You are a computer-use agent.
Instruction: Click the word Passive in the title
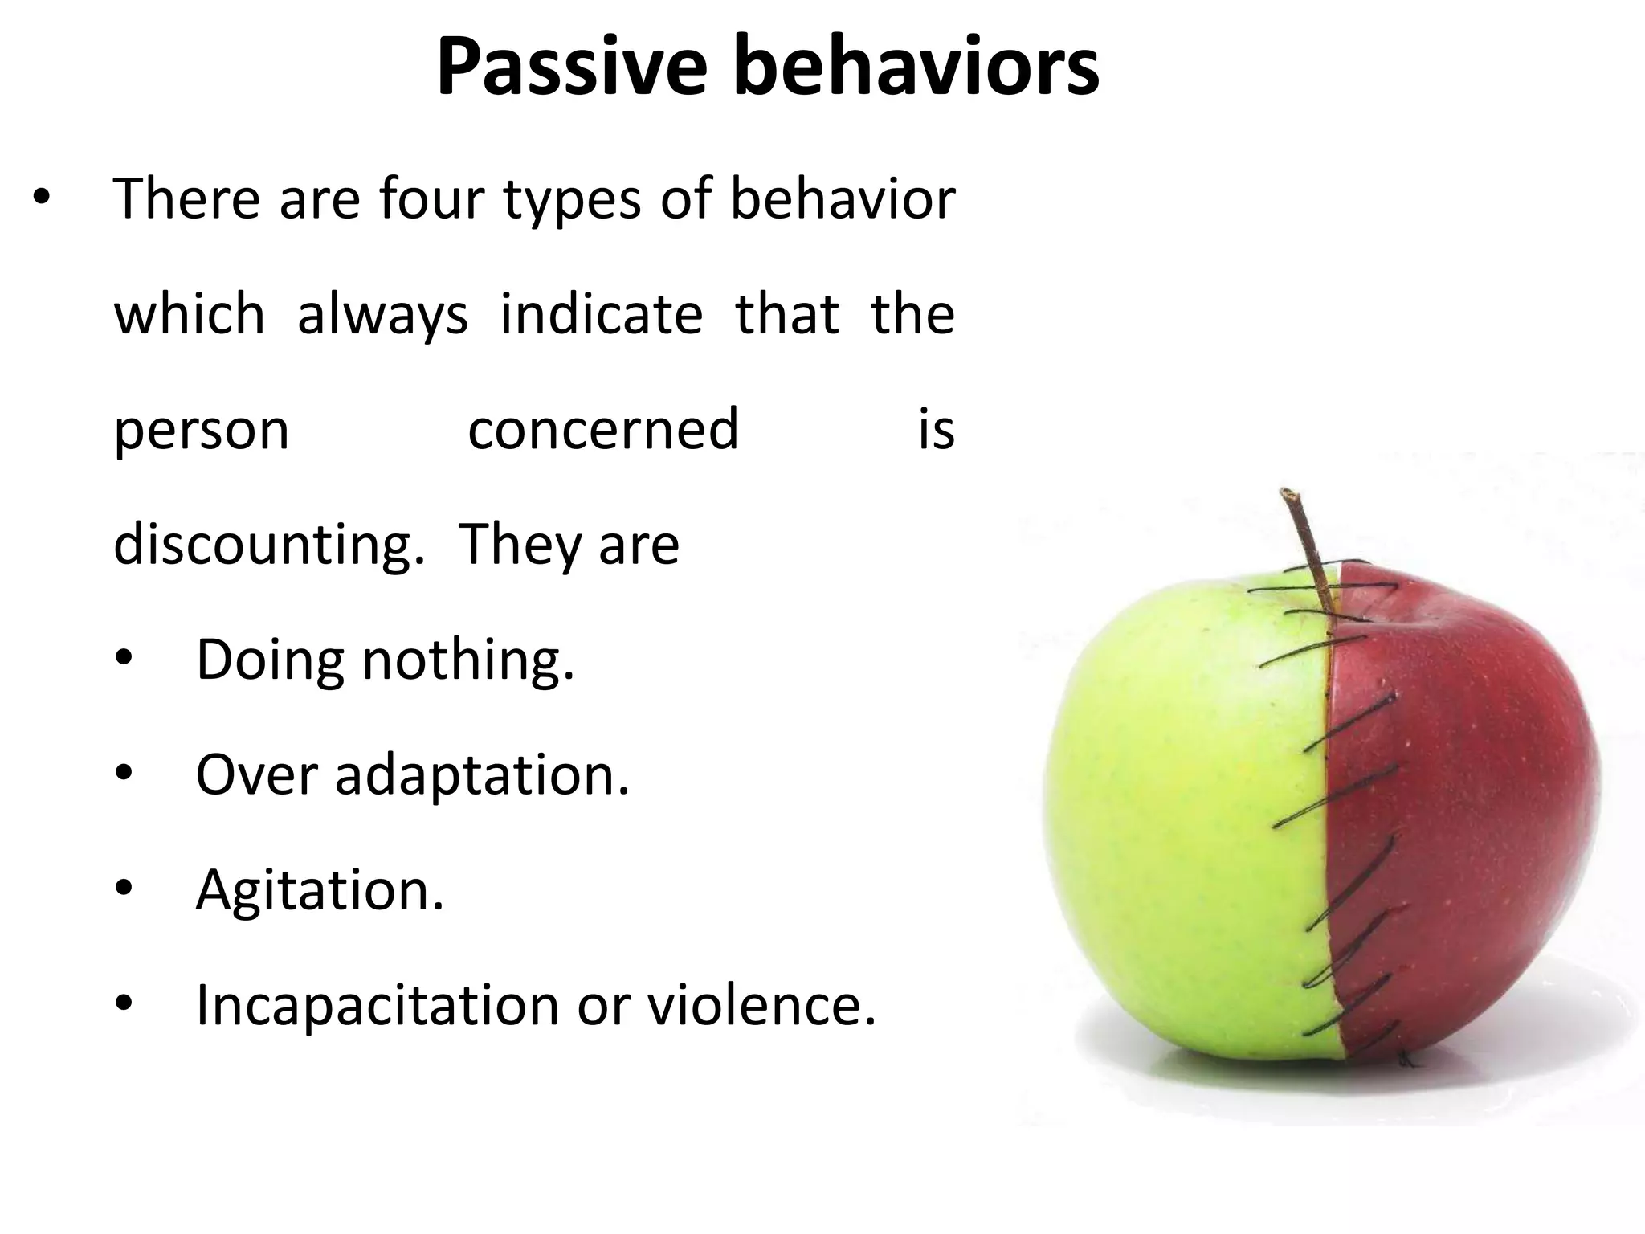(571, 68)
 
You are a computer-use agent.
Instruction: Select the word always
(382, 315)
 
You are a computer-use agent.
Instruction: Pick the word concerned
(602, 429)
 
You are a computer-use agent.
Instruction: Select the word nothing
(467, 660)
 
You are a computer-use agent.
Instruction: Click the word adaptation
(482, 777)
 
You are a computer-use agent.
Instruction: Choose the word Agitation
(320, 892)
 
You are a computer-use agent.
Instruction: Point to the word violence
(761, 1005)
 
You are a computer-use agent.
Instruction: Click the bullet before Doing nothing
(123, 659)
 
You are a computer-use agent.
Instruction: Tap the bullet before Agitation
(123, 889)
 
